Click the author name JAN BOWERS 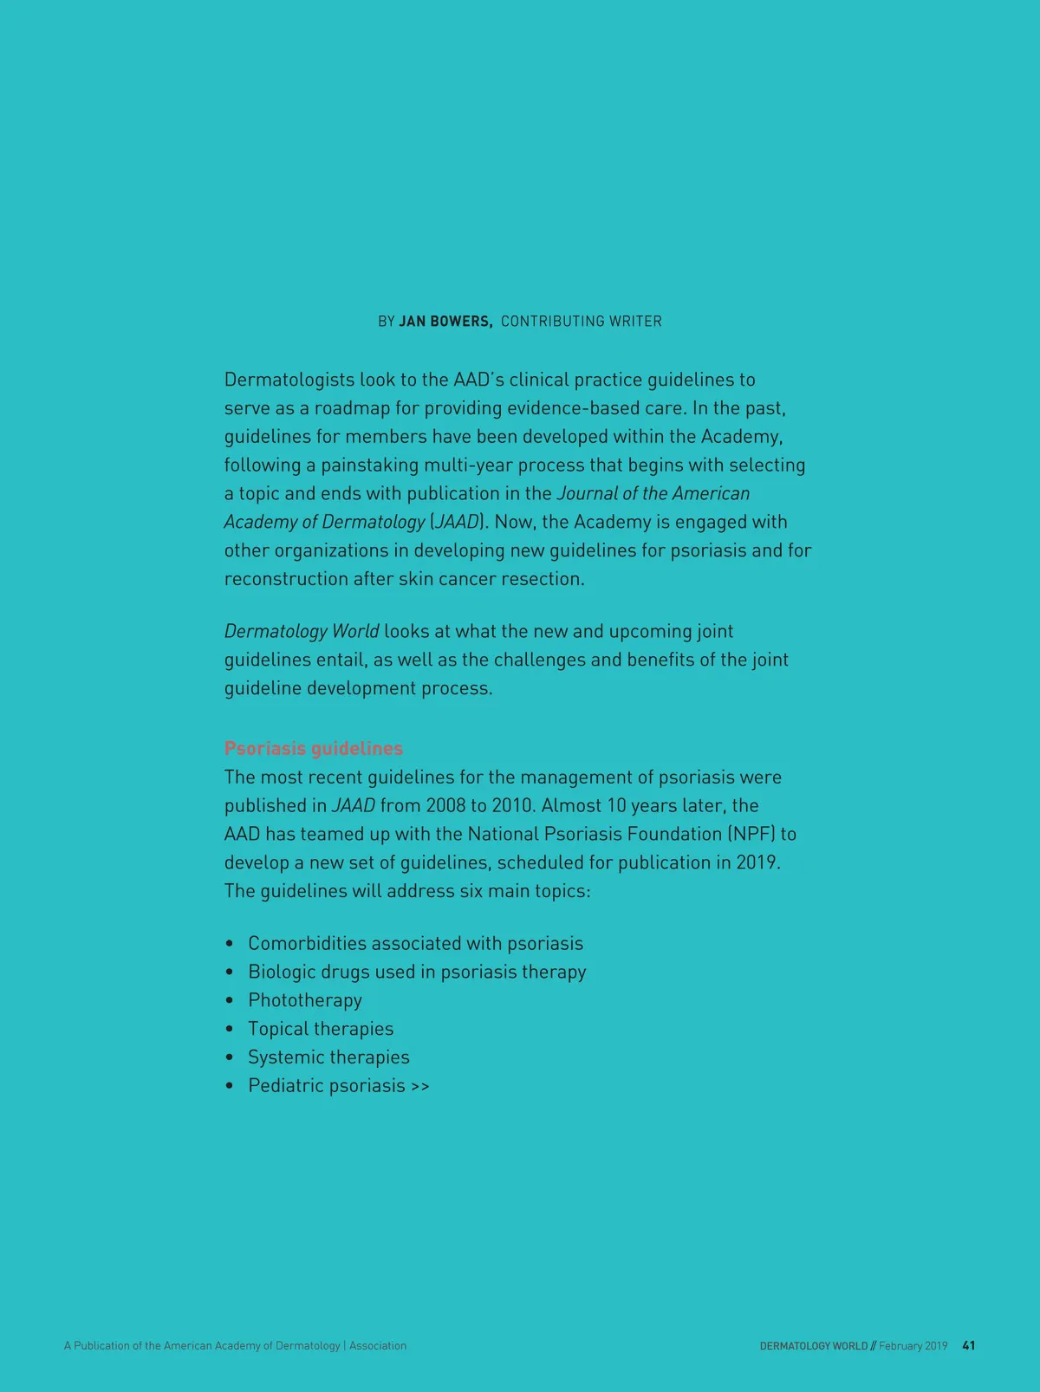[445, 322]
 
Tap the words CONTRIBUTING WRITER [581, 322]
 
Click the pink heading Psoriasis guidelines [314, 748]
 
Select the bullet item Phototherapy [305, 1000]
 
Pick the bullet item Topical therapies [321, 1029]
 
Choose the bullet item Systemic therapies [328, 1057]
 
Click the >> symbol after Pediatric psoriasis [420, 1087]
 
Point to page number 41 [969, 1346]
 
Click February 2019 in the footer [913, 1346]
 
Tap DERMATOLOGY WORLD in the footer [813, 1346]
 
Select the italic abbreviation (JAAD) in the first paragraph [458, 522]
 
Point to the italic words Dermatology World [301, 631]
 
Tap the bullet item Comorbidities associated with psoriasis [415, 943]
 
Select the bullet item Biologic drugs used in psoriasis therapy [417, 972]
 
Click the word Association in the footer [378, 1346]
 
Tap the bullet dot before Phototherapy [230, 1001]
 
